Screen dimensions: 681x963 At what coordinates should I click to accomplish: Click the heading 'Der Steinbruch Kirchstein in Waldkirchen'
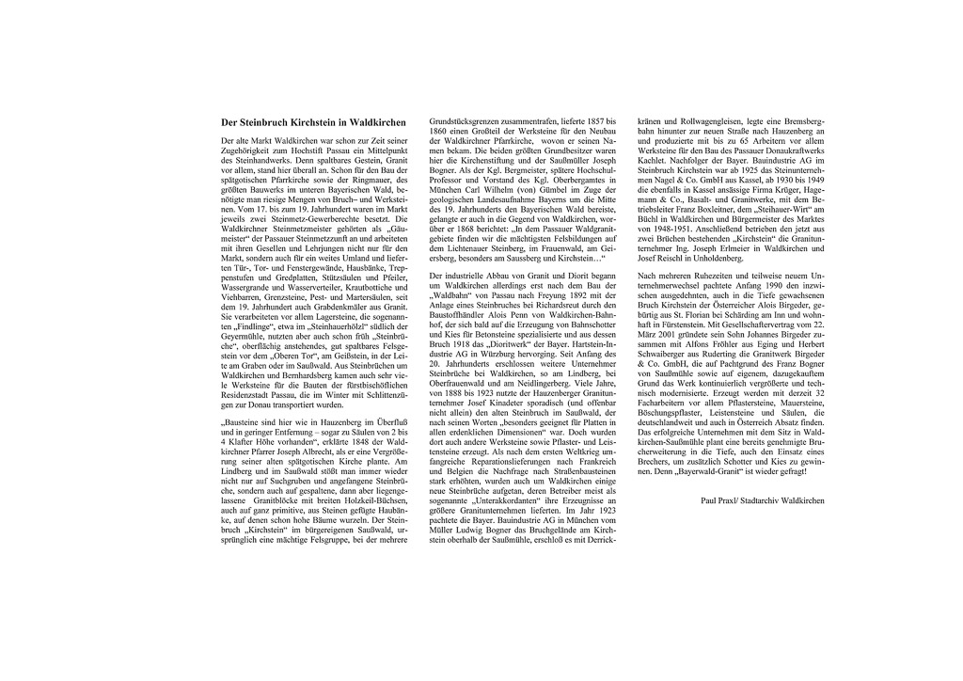coord(312,122)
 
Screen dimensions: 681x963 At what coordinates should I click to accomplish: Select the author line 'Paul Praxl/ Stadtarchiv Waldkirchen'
coord(763,501)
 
